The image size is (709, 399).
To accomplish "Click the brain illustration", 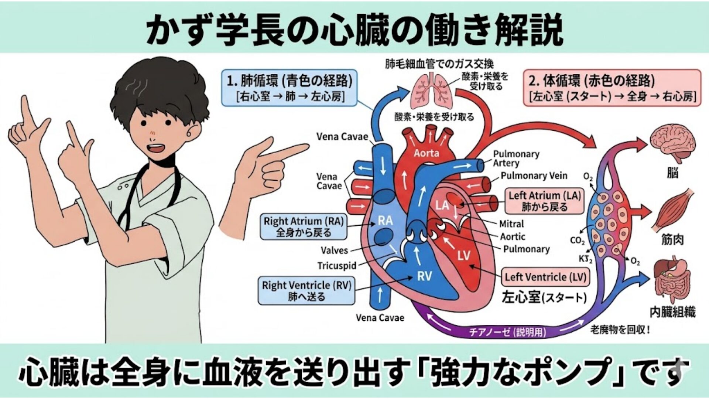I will click(672, 143).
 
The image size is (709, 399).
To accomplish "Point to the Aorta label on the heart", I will click(426, 153).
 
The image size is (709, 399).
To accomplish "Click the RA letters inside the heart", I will click(385, 221).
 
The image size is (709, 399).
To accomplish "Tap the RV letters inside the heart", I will click(424, 276).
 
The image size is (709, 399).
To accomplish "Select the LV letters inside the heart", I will click(464, 255).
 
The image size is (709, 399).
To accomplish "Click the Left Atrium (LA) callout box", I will click(545, 201).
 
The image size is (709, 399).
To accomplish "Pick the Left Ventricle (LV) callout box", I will click(545, 277).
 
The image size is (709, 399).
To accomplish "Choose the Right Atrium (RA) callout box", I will click(303, 227).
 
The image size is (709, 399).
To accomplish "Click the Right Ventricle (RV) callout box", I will click(306, 290).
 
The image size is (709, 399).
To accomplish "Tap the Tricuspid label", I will click(337, 266).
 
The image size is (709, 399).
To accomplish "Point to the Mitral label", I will click(511, 224).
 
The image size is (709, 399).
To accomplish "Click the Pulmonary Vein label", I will click(534, 176).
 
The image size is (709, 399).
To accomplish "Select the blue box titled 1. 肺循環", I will click(290, 88).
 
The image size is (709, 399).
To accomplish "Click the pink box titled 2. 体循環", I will click(612, 88).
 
